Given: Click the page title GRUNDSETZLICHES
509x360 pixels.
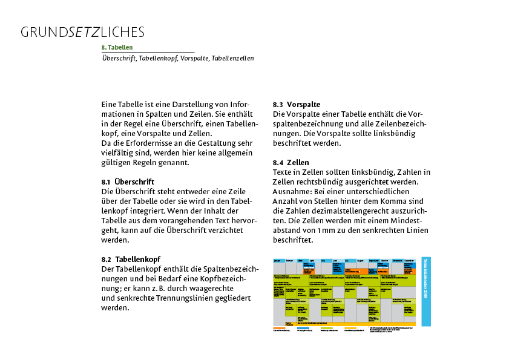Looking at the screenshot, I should pos(82,32).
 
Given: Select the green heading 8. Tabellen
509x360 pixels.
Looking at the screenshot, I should pos(117,47).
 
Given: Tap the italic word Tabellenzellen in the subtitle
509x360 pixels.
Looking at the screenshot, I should pos(232,58).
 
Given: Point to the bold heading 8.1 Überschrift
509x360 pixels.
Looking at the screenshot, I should pos(128,182).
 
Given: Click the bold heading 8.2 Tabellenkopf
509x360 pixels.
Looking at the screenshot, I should pos(131,259).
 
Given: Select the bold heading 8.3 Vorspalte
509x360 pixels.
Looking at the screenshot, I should pos(297,105).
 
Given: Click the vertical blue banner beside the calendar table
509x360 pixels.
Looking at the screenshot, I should pos(426,286).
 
